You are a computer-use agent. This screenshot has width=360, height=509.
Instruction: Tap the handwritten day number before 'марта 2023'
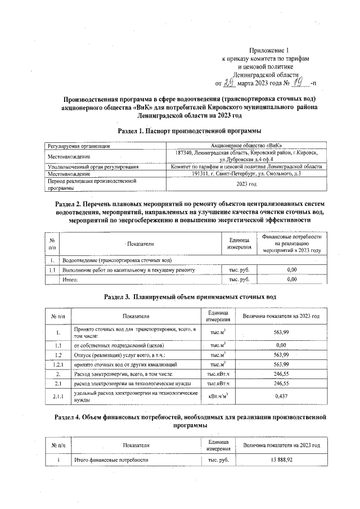coord(228,83)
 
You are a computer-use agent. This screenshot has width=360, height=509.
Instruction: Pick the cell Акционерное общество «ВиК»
coord(247,146)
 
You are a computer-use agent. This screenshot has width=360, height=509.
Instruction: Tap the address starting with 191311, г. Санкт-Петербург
coord(247,173)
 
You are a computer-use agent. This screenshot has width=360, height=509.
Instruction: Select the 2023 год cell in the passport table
coord(247,184)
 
